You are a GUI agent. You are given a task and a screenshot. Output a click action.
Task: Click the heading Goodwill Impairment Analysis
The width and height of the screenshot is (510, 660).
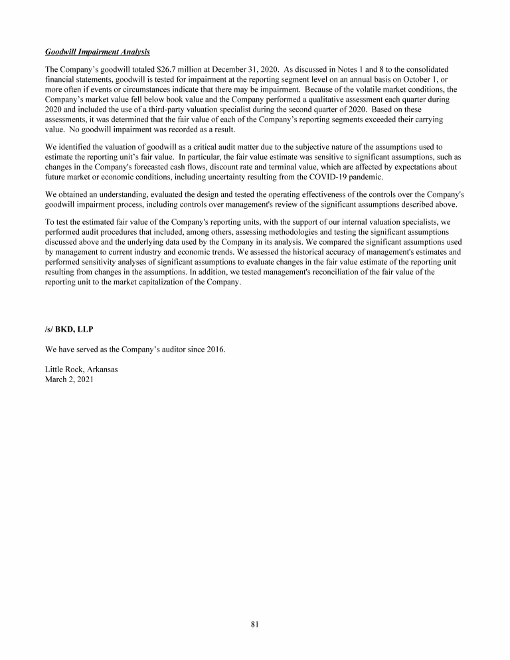click(97, 52)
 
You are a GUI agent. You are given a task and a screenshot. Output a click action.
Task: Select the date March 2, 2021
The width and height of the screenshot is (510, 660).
click(69, 379)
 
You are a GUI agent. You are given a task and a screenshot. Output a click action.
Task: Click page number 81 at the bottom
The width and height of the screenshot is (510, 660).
click(255, 623)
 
